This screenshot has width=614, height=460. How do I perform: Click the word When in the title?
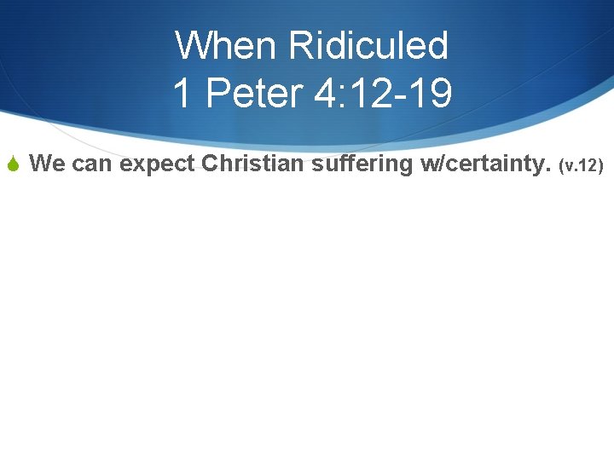click(x=226, y=45)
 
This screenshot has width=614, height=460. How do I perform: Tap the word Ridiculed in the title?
click(x=368, y=45)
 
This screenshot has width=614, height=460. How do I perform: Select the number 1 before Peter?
click(x=181, y=93)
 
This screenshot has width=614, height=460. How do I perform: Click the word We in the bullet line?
click(x=46, y=164)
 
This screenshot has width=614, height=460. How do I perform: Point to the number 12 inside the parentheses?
click(x=590, y=165)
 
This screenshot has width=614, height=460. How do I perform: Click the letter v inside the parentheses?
click(x=569, y=166)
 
